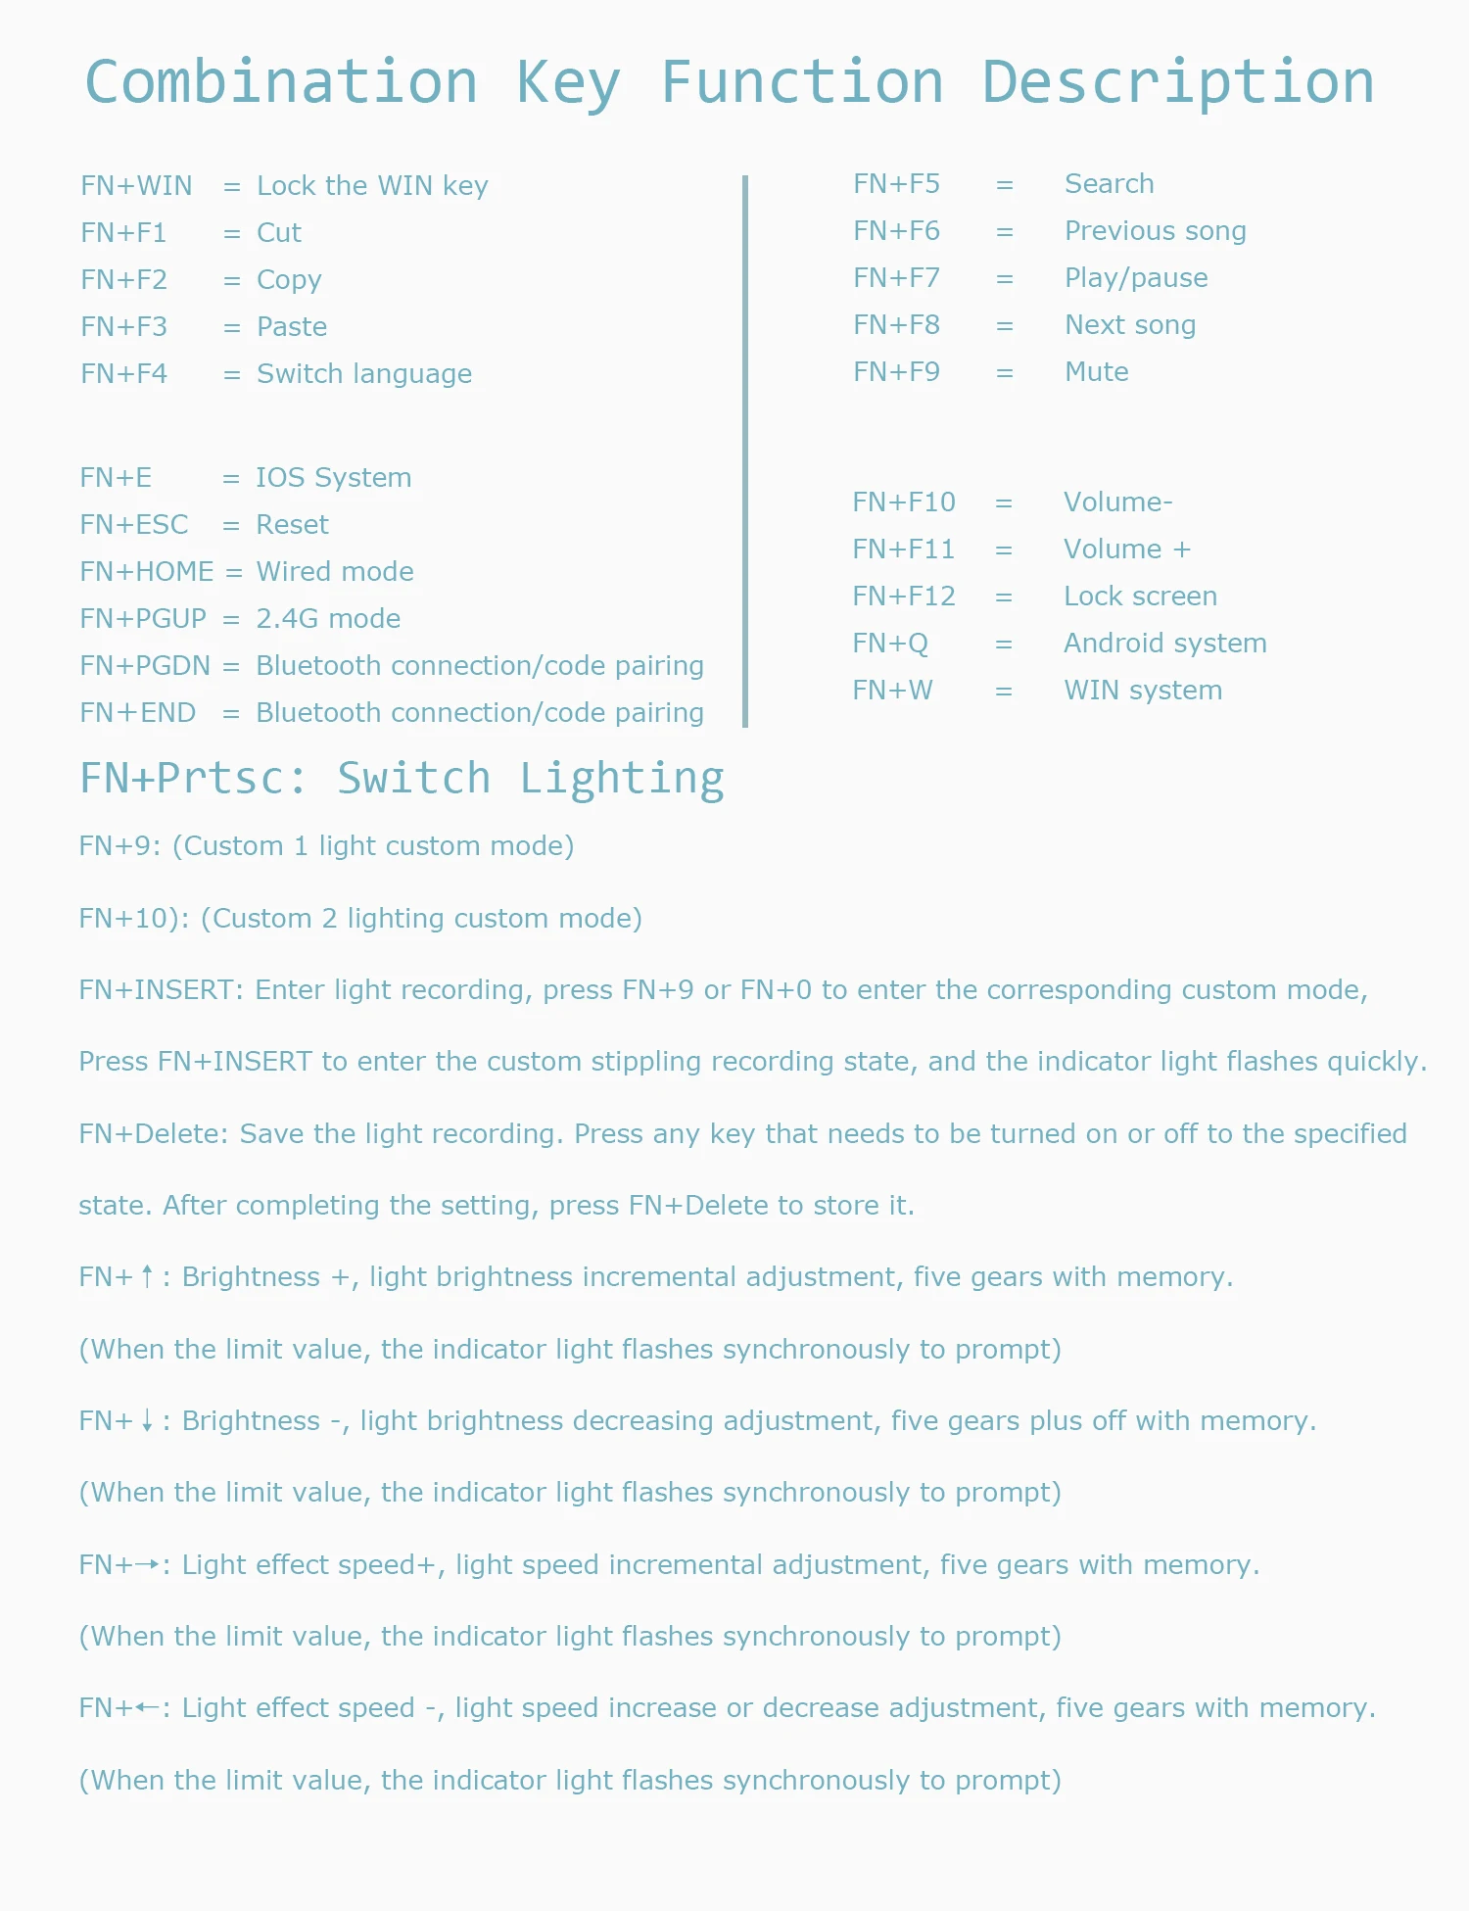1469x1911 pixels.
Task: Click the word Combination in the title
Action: point(282,82)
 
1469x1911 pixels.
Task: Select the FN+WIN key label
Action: point(136,186)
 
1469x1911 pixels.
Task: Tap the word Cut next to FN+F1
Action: point(279,233)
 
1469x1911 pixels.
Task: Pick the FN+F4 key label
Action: point(123,374)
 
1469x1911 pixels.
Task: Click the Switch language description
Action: point(364,374)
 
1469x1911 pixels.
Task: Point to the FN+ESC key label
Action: point(134,525)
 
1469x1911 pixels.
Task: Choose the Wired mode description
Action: point(335,572)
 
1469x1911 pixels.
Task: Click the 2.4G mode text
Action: point(328,619)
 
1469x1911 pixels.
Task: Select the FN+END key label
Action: point(138,713)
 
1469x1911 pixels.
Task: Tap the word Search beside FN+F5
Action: point(1110,184)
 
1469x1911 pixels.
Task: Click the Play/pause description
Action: point(1136,278)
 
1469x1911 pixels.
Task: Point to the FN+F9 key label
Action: point(896,372)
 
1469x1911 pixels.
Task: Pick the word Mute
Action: point(1097,372)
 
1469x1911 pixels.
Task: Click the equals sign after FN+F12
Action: point(1004,597)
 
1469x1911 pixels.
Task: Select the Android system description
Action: point(1165,644)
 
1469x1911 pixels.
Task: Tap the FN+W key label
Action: point(892,691)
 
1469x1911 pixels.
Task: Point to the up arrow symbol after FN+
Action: point(147,1276)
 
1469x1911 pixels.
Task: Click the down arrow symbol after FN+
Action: point(147,1420)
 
